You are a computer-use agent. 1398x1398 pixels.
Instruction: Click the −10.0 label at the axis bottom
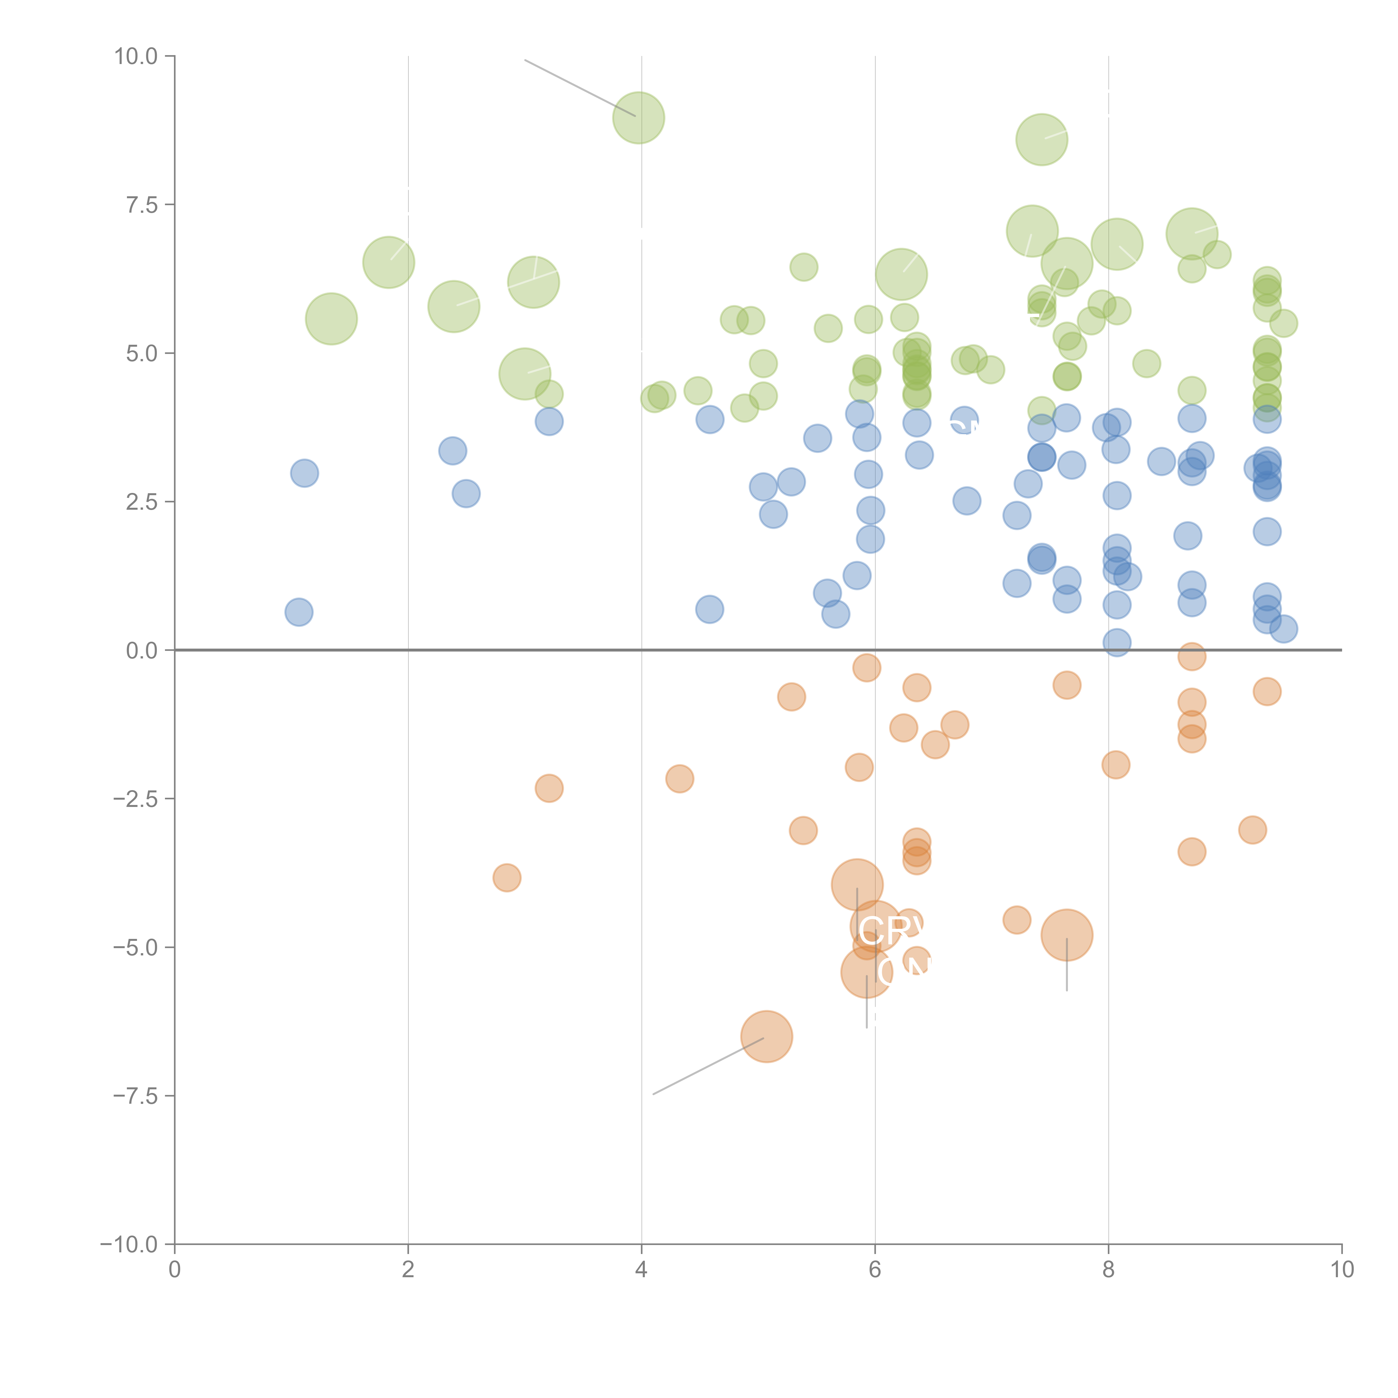(129, 1244)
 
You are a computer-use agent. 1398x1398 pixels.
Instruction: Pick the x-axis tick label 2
(408, 1270)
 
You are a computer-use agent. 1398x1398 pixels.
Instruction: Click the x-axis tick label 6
(875, 1270)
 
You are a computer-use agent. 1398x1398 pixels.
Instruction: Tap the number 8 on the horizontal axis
(1109, 1270)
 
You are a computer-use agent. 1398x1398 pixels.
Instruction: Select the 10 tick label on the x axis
(1342, 1270)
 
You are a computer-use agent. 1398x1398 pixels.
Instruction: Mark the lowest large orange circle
(766, 1036)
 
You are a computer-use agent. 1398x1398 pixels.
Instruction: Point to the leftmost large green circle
(331, 319)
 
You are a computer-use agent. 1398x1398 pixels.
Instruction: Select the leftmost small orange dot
(507, 878)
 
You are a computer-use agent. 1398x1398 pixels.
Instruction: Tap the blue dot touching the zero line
(1116, 642)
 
